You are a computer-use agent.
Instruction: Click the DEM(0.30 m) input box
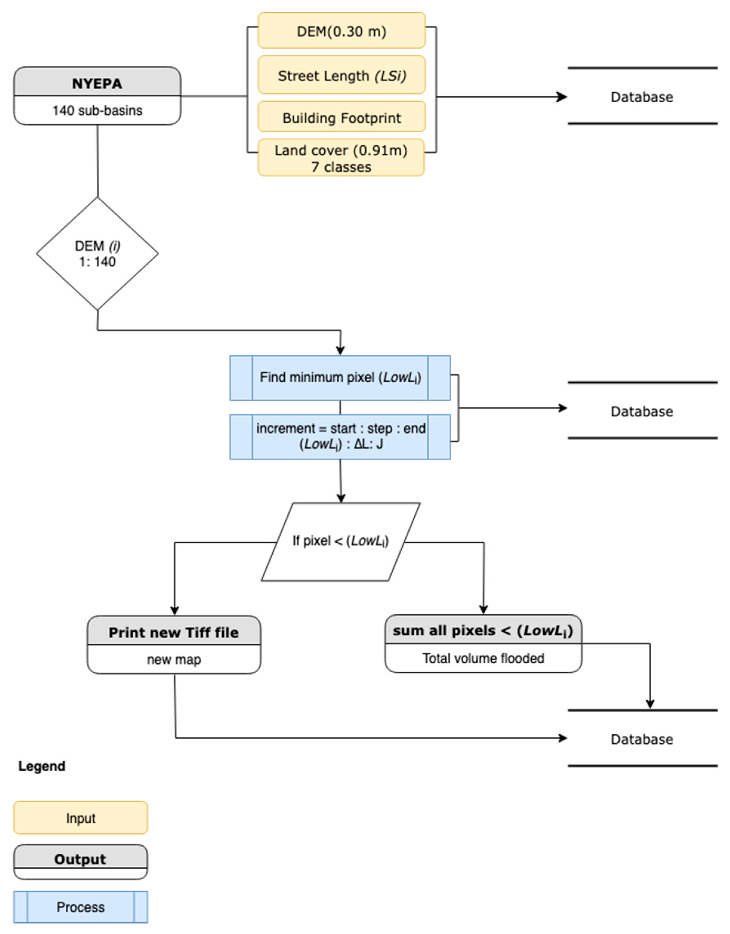[341, 31]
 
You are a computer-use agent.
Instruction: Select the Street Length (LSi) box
[341, 75]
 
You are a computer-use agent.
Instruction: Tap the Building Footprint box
[341, 117]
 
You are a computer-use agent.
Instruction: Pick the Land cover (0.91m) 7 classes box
[341, 158]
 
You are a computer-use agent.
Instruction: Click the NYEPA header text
[97, 83]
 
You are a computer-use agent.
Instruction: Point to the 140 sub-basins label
[97, 110]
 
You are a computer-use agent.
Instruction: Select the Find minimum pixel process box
[340, 377]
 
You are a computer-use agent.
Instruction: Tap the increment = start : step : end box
[340, 436]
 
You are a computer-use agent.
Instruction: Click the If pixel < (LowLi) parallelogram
[340, 541]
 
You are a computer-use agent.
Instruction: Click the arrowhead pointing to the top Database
[562, 97]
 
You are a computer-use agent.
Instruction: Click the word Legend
[41, 766]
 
